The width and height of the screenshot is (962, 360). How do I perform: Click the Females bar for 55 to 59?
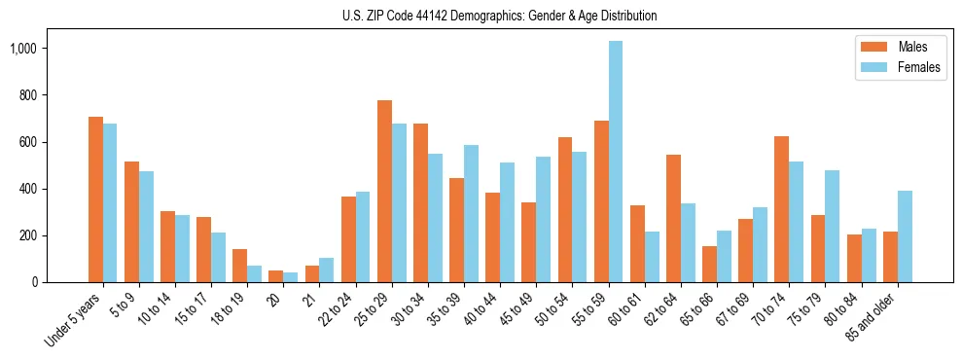coord(616,162)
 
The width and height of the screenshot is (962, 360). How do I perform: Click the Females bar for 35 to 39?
coord(471,214)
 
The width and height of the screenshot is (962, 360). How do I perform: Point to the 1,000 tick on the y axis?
coord(44,49)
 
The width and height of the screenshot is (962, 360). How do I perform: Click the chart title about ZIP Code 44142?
coord(499,16)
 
